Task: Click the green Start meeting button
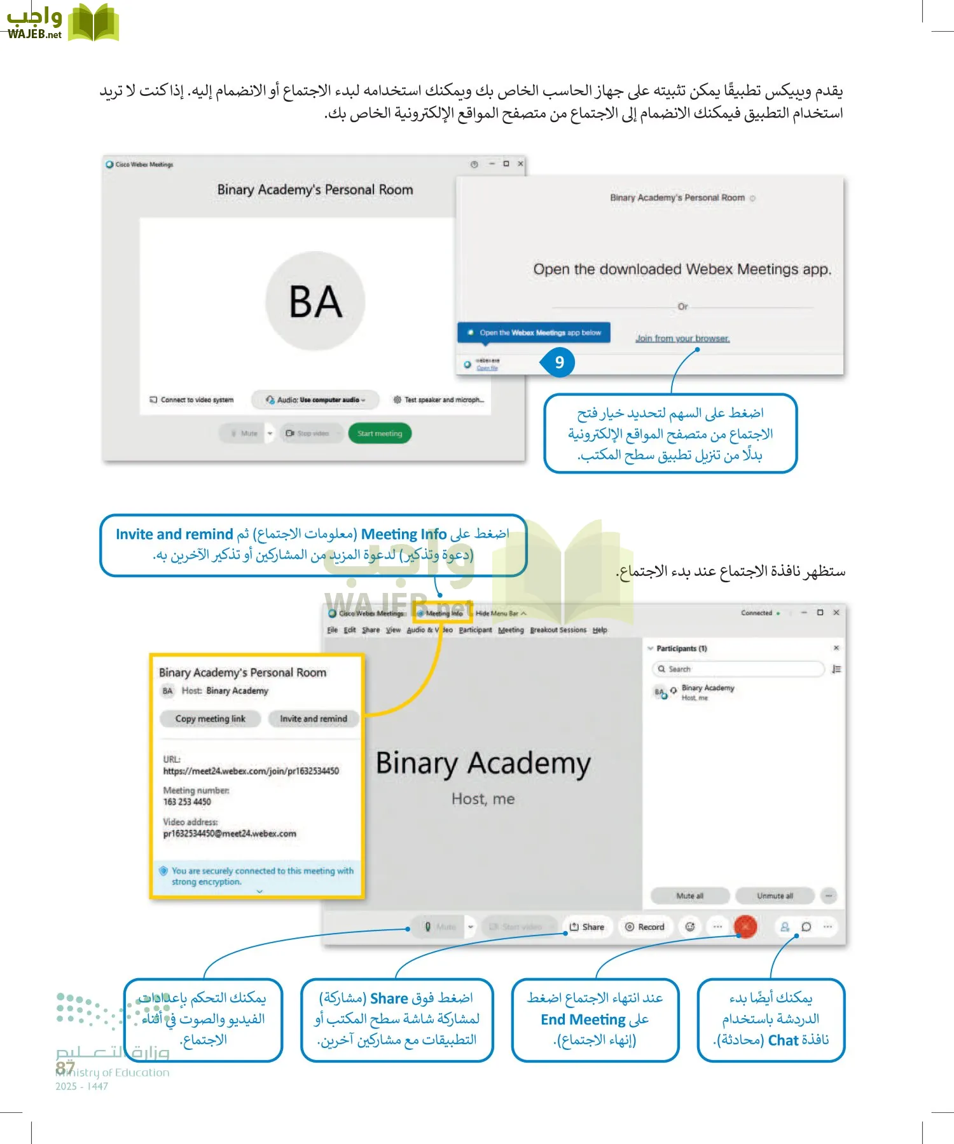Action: click(380, 433)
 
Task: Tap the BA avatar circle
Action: click(315, 301)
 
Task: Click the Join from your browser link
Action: click(682, 339)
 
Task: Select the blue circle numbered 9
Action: click(559, 362)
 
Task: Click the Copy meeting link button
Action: click(210, 719)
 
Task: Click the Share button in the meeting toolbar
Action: click(587, 927)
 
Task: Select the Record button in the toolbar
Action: click(645, 927)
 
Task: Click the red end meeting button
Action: click(745, 927)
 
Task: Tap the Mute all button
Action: click(689, 896)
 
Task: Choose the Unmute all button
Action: click(775, 896)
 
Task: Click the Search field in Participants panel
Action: click(738, 669)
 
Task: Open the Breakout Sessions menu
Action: click(558, 630)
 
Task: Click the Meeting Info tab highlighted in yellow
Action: click(443, 613)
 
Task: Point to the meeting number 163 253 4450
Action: click(187, 802)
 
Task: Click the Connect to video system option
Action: click(192, 400)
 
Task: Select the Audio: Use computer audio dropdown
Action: click(316, 400)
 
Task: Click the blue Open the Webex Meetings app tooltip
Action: click(534, 332)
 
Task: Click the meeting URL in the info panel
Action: click(251, 771)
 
